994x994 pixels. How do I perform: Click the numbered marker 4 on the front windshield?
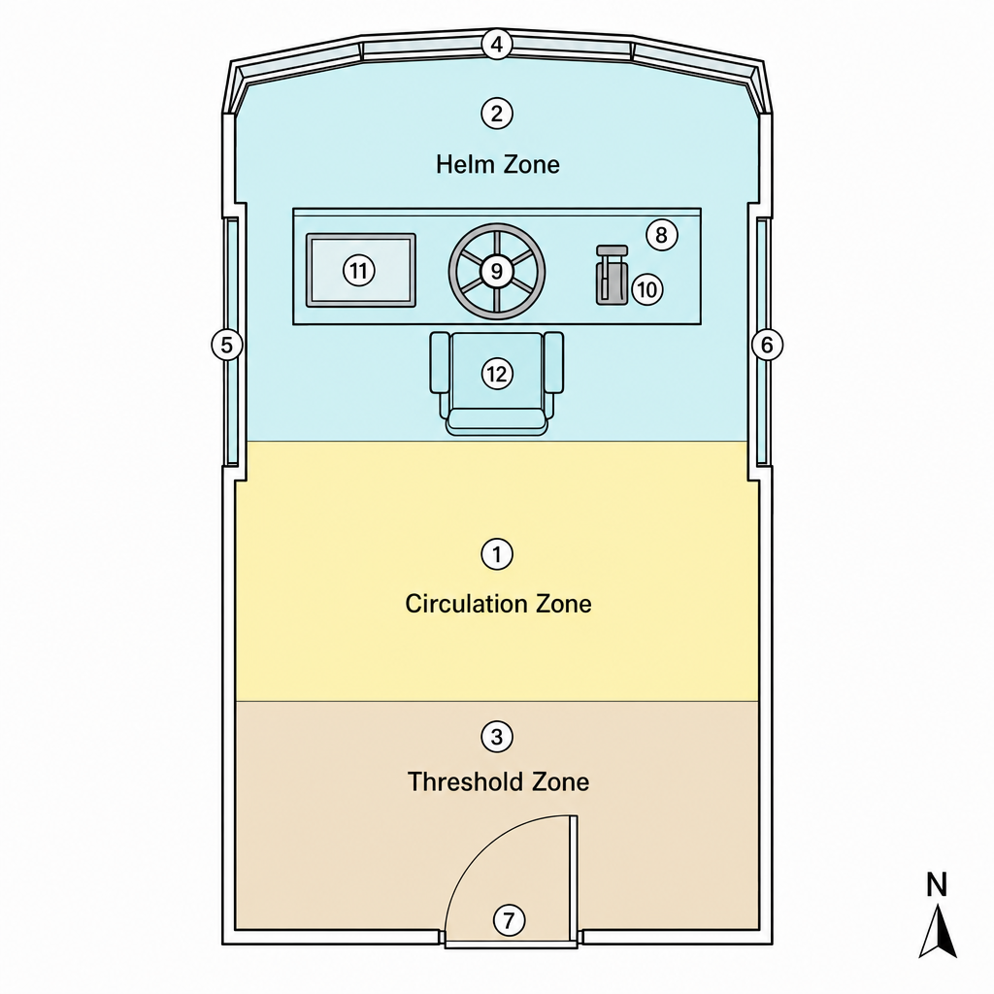(497, 45)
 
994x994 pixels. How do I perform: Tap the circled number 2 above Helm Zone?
(497, 115)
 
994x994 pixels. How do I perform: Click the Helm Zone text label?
(498, 165)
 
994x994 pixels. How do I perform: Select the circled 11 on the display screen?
(359, 271)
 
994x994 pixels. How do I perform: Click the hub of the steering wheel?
(497, 272)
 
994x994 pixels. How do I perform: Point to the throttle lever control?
(612, 275)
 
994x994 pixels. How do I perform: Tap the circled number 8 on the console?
(662, 235)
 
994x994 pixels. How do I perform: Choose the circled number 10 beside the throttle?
(647, 289)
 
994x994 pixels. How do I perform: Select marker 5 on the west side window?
(226, 346)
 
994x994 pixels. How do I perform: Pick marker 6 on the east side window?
(767, 346)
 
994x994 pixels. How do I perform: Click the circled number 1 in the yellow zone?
(497, 554)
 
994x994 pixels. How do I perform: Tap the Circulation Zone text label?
(498, 604)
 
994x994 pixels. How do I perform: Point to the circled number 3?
(497, 738)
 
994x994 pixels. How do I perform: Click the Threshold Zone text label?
(498, 781)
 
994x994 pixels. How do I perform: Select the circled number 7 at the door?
(509, 920)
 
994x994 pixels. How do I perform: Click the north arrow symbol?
(938, 933)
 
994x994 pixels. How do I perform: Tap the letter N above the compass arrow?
(937, 885)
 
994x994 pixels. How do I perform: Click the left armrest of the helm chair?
(440, 362)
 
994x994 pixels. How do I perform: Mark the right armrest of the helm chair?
(553, 362)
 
